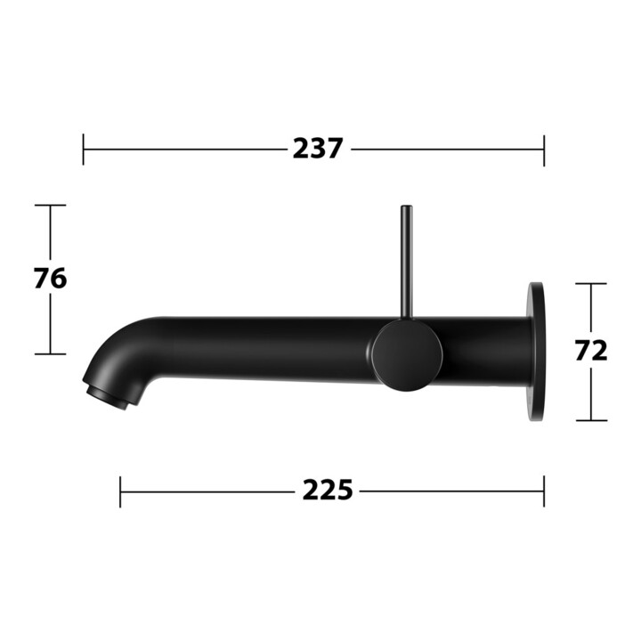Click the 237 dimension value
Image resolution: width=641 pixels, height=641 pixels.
pyautogui.click(x=317, y=149)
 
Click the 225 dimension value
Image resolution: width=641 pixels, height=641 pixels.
pyautogui.click(x=327, y=491)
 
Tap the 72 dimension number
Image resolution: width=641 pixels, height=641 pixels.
pyautogui.click(x=591, y=351)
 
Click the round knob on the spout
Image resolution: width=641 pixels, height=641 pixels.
pyautogui.click(x=407, y=355)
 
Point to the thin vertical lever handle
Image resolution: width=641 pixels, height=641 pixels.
pyautogui.click(x=406, y=262)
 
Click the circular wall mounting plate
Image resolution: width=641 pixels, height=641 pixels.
pyautogui.click(x=536, y=352)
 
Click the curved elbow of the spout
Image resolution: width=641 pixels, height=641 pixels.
pyautogui.click(x=123, y=352)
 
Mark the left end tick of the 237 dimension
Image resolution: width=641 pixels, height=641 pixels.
pyautogui.click(x=84, y=150)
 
